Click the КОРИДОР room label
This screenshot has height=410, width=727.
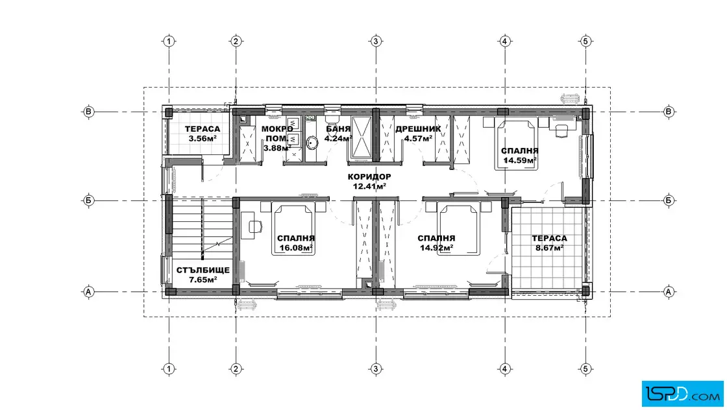(369, 176)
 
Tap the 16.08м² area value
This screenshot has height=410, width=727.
(296, 247)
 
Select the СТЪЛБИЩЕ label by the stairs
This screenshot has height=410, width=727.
(203, 270)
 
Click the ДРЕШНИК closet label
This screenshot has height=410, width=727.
(418, 129)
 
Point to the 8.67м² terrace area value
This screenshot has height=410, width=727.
(549, 247)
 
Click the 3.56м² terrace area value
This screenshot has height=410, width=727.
(203, 138)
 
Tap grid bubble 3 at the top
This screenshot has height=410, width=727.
(376, 42)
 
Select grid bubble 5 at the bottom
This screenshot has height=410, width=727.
(585, 368)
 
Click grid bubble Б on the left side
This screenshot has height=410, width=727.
(88, 200)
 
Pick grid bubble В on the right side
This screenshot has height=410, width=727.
(668, 112)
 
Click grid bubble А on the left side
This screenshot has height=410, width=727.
(88, 292)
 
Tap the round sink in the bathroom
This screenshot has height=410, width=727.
(312, 142)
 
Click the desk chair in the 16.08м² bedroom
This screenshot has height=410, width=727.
(255, 226)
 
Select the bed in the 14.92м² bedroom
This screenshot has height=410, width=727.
(459, 230)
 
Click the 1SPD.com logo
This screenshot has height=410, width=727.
(682, 394)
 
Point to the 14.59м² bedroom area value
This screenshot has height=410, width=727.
(520, 160)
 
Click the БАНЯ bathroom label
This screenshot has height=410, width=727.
(338, 129)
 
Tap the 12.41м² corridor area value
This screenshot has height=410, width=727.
(369, 186)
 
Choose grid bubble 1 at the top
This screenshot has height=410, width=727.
(169, 42)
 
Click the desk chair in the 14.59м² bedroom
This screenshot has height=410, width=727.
(561, 130)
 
